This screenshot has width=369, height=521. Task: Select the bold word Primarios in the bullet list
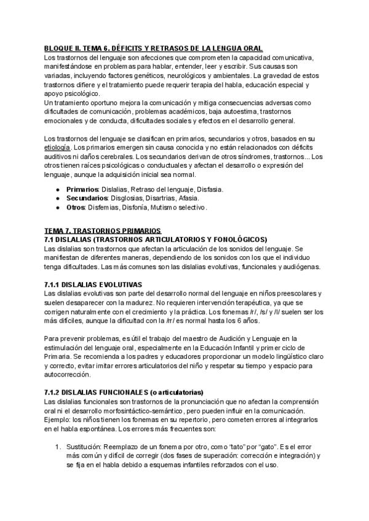point(83,190)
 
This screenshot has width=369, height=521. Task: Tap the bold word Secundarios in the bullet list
point(87,198)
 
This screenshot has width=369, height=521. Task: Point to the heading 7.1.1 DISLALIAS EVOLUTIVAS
point(93,284)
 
